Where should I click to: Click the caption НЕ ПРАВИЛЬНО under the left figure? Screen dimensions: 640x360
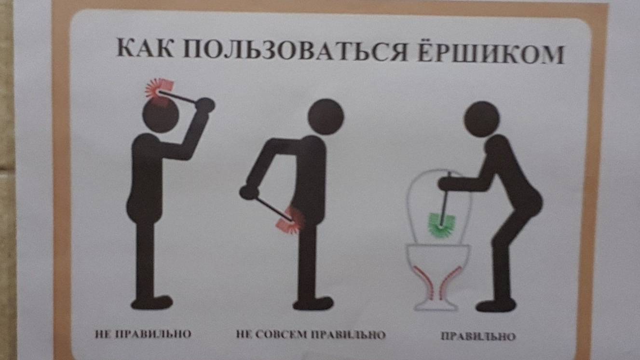coord(143,334)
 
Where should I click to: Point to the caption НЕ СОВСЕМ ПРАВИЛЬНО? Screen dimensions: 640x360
coord(311,334)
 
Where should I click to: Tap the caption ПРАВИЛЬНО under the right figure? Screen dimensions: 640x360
coord(478,336)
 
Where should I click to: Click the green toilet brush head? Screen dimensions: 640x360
coord(441,225)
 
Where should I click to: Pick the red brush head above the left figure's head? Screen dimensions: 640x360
coord(159,91)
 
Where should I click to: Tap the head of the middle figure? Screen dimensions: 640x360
coord(326,117)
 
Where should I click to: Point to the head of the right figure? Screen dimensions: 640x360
coord(482,119)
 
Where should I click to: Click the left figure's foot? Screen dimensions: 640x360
coord(152,302)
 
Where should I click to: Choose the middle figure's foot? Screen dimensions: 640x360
coord(313,303)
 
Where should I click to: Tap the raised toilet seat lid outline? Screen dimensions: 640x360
coord(409,206)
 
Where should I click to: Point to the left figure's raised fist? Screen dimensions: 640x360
coord(205,105)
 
